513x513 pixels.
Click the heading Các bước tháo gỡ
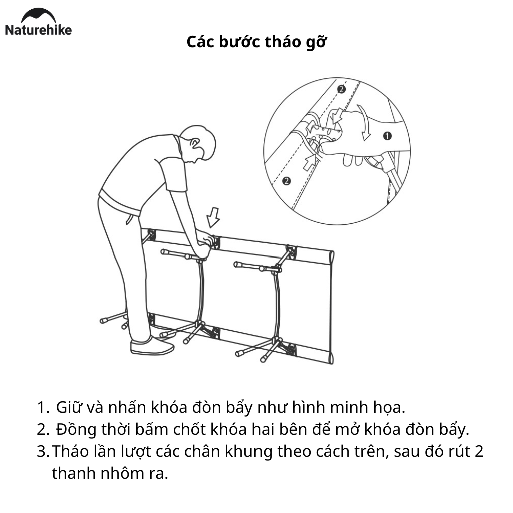[x=256, y=42]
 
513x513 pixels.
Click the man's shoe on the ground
[x=152, y=346]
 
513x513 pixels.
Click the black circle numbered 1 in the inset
[x=387, y=136]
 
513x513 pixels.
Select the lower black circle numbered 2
[x=286, y=181]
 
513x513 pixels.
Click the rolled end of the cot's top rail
[x=330, y=256]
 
